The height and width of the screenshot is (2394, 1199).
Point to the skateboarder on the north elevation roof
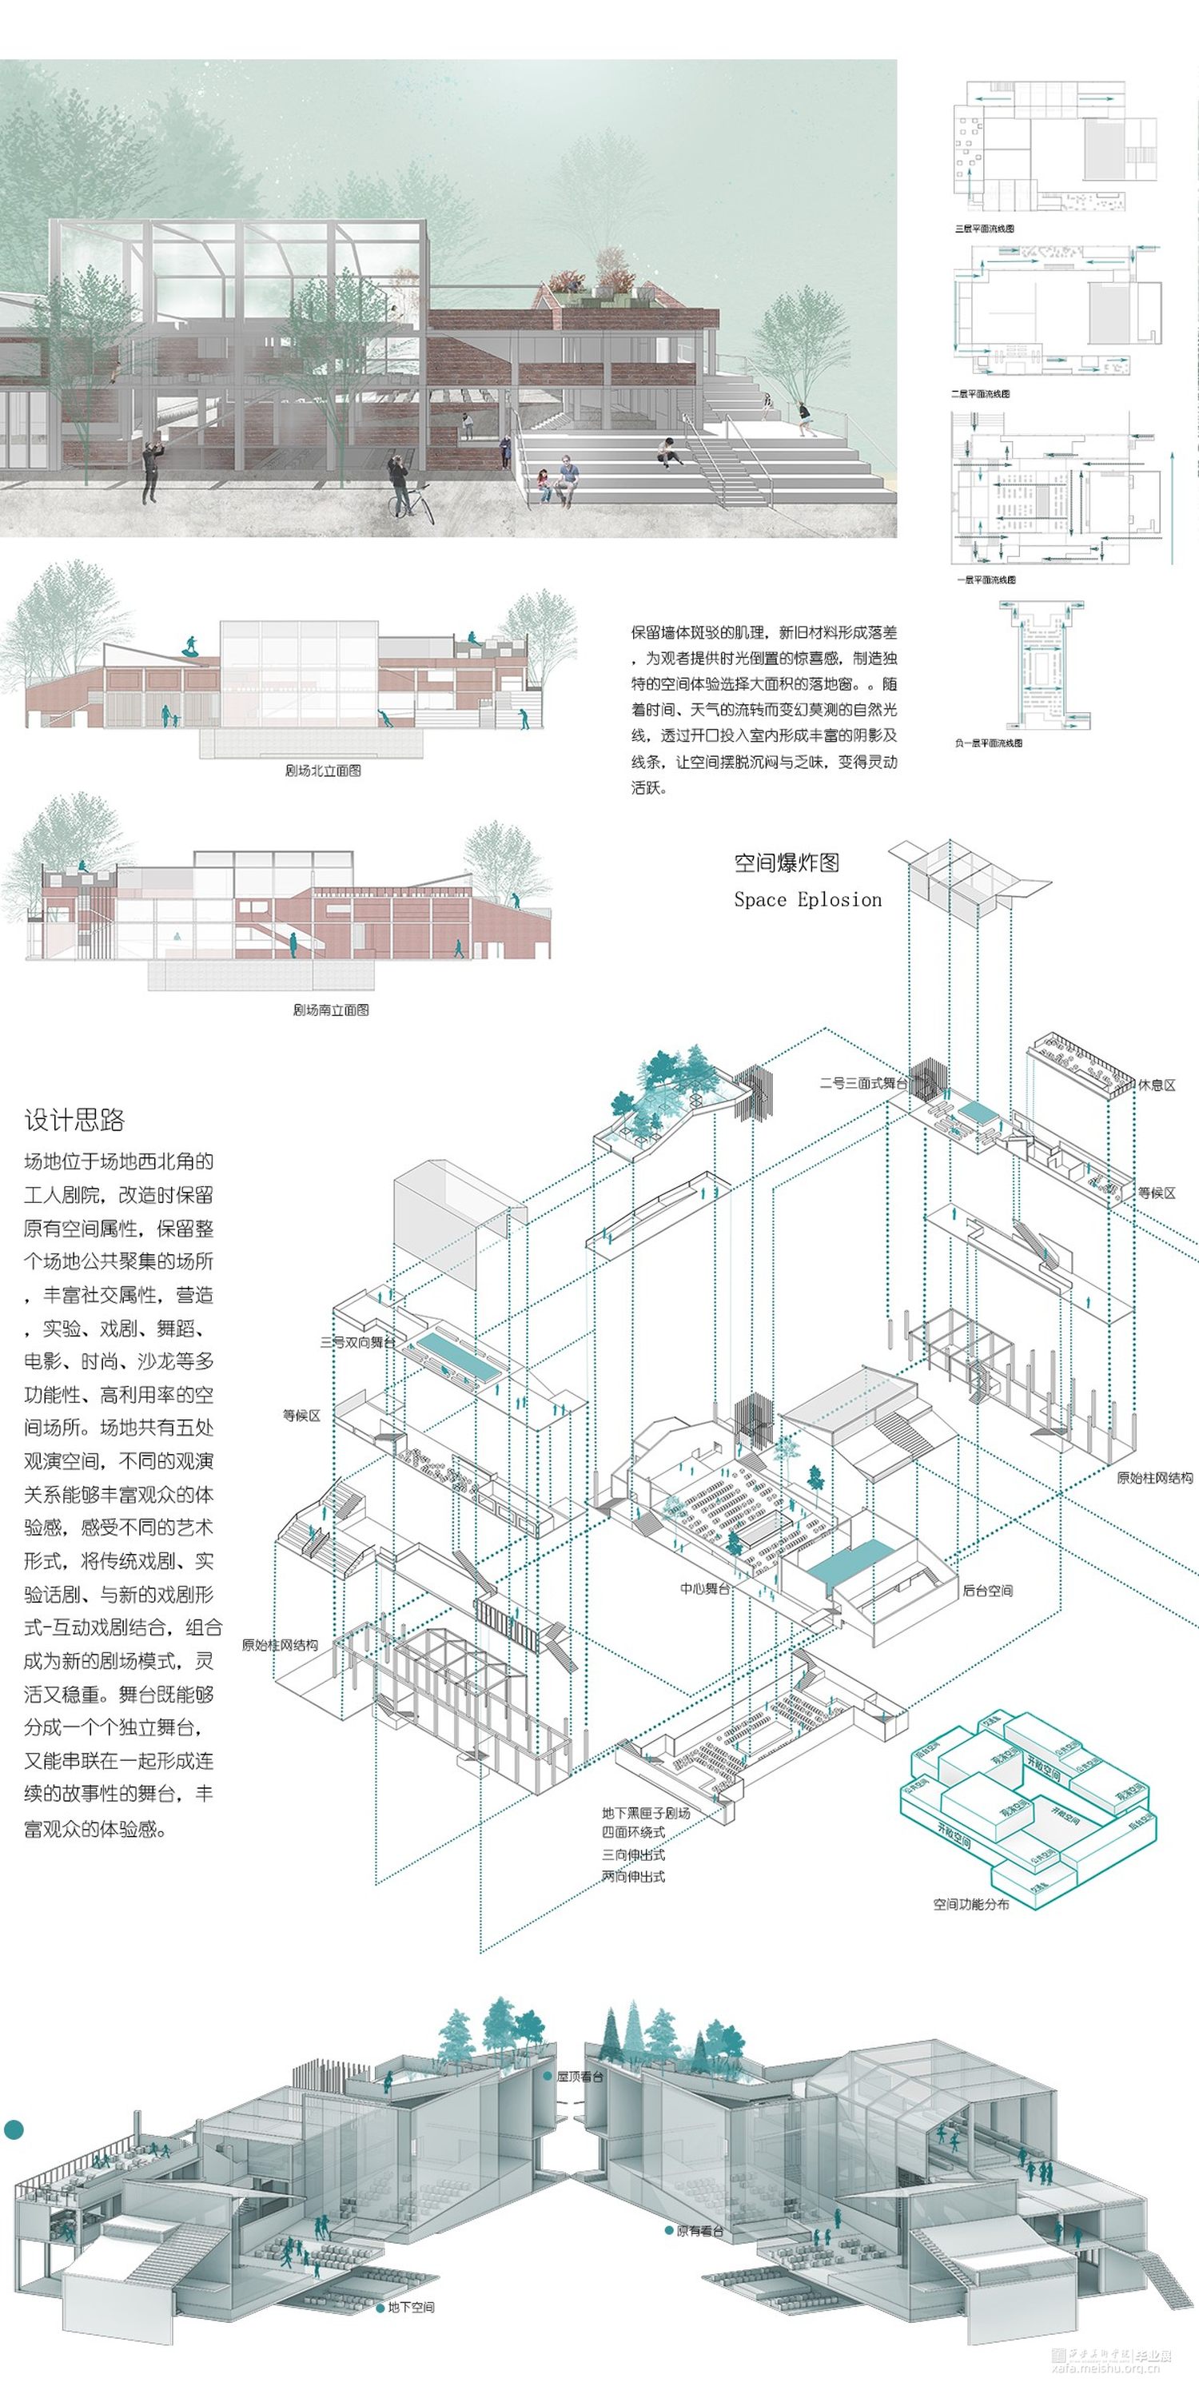pos(189,647)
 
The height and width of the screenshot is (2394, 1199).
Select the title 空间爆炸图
pos(787,862)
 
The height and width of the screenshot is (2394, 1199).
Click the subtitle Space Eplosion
pos(807,899)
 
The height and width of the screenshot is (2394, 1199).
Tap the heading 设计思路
pos(74,1120)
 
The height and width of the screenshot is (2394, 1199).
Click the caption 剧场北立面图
pos(322,771)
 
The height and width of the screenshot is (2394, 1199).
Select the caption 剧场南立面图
pos(331,1010)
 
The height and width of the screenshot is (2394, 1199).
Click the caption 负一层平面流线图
pos(988,743)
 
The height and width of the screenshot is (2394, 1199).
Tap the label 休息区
pos(1157,1085)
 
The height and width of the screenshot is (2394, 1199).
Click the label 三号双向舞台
pos(357,1342)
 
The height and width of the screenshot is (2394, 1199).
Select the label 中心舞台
pos(704,1588)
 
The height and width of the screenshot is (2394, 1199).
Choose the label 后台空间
pos(987,1590)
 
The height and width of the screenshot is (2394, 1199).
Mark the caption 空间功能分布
pos(970,1904)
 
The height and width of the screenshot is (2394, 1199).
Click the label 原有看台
pos(700,2230)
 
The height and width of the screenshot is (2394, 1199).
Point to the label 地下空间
pos(411,2308)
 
